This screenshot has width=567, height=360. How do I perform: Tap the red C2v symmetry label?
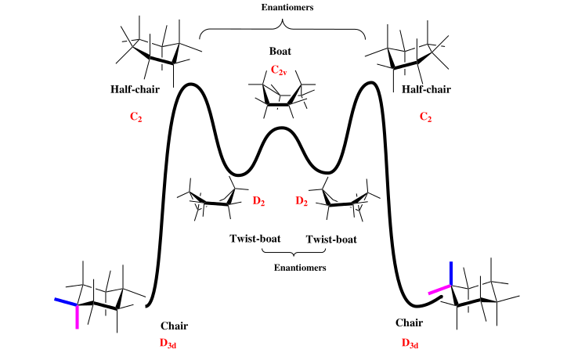point(280,70)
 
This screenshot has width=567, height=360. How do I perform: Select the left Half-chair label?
point(135,89)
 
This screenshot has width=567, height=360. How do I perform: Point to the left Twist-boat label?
point(255,239)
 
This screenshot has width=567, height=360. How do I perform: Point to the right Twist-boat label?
point(330,239)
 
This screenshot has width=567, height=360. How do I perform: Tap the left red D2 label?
point(259,202)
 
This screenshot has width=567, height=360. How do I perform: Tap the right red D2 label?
point(302,202)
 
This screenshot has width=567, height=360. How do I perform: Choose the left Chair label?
point(174,326)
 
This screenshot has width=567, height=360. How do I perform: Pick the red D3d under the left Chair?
point(175,343)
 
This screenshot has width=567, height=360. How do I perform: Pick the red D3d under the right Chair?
point(411,343)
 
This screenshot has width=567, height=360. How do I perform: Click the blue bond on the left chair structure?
point(66,302)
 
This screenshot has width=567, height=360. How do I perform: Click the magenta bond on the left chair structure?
point(78,317)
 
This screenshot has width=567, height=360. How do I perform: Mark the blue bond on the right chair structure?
point(451,273)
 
